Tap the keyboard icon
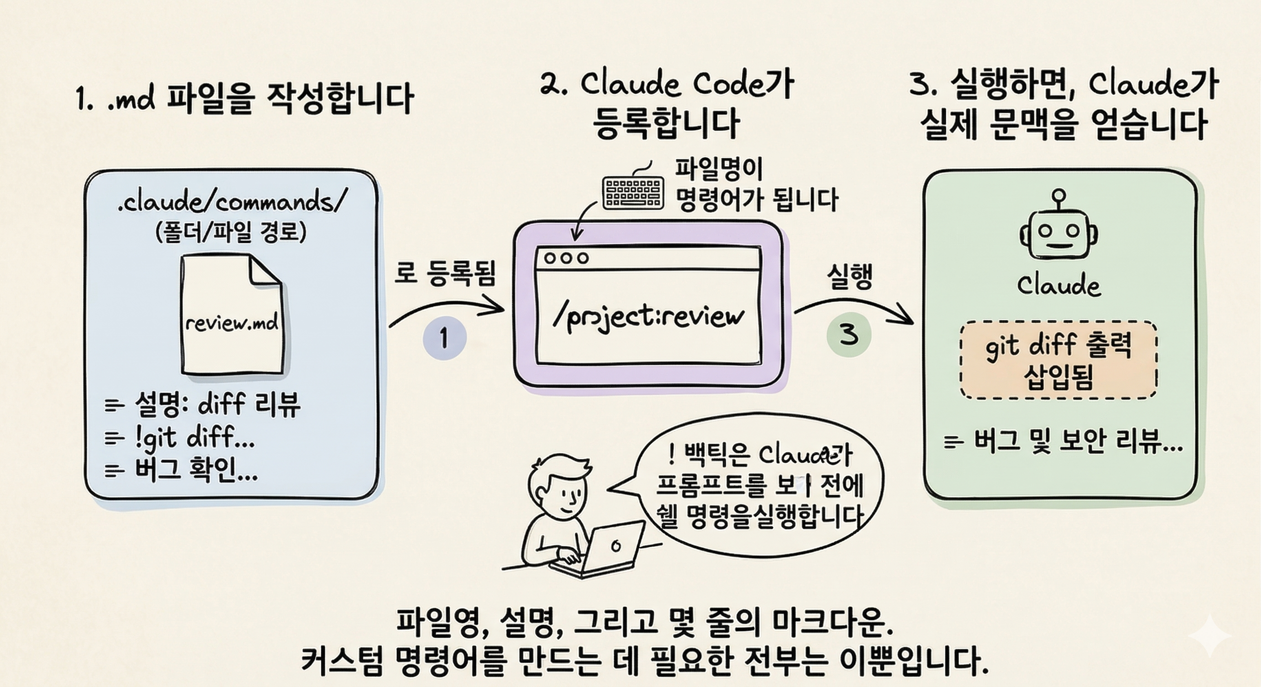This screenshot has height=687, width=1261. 632,193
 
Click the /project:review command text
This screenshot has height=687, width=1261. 648,317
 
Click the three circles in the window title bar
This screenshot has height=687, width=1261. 566,258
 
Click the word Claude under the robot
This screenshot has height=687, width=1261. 1058,285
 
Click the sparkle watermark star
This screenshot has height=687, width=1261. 1209,636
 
